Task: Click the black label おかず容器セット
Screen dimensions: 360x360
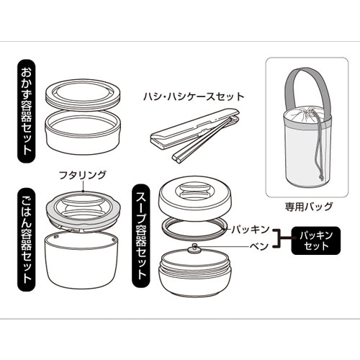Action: click(27, 111)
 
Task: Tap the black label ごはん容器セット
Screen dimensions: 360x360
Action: click(27, 240)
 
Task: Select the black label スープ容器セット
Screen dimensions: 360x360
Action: click(141, 235)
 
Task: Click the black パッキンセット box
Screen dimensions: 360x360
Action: click(316, 240)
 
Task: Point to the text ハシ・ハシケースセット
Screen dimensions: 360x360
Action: click(194, 96)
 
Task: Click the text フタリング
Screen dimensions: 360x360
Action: click(82, 175)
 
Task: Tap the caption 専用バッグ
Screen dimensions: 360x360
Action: click(309, 207)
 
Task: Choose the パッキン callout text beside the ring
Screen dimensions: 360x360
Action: click(251, 230)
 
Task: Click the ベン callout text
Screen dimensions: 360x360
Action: click(259, 246)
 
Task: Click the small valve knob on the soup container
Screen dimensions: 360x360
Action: click(195, 248)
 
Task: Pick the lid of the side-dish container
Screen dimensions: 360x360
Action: click(83, 95)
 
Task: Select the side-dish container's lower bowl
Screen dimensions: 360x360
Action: click(83, 132)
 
